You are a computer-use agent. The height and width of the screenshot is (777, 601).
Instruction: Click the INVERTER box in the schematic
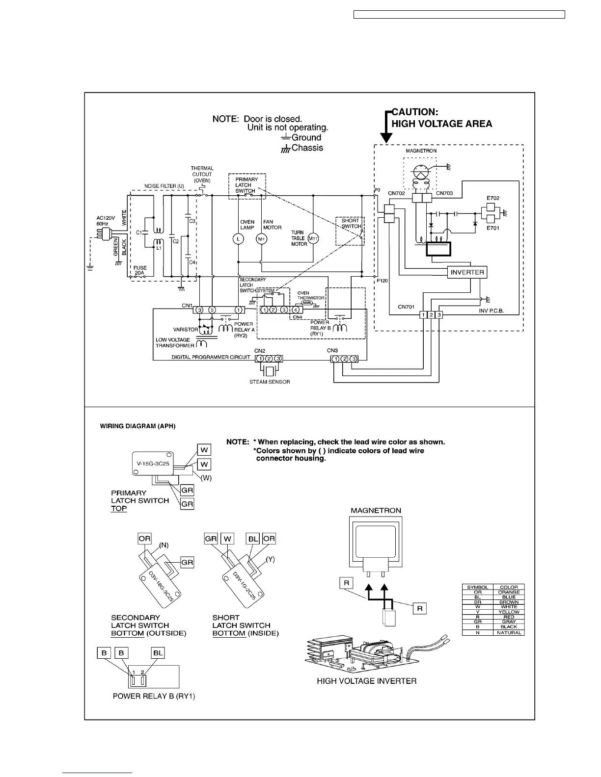click(467, 272)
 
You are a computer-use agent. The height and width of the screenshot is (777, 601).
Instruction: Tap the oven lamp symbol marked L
click(238, 239)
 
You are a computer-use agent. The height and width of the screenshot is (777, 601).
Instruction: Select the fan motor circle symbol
click(261, 239)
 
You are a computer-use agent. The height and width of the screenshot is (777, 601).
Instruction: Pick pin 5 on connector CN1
click(212, 310)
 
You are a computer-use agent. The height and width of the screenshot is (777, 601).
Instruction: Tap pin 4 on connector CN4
click(295, 310)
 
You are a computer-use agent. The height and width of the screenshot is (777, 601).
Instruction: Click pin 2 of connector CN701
click(431, 314)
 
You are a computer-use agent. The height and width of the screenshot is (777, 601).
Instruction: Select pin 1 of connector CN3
click(335, 359)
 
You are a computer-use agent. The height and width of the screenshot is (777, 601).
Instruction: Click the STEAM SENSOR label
click(269, 382)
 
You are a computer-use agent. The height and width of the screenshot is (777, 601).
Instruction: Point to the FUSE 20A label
click(140, 271)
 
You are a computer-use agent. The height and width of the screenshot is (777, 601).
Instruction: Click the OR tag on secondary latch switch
click(144, 538)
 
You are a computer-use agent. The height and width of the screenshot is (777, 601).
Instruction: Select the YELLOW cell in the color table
click(509, 612)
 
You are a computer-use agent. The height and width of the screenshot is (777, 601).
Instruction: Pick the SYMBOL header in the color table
click(477, 587)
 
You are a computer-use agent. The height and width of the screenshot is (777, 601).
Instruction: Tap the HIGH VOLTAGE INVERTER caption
click(366, 681)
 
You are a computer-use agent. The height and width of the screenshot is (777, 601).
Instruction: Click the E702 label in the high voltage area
click(493, 198)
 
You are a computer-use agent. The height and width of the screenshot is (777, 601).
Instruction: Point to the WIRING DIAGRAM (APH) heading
click(137, 426)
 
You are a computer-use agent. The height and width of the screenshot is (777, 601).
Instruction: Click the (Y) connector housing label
click(270, 559)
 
